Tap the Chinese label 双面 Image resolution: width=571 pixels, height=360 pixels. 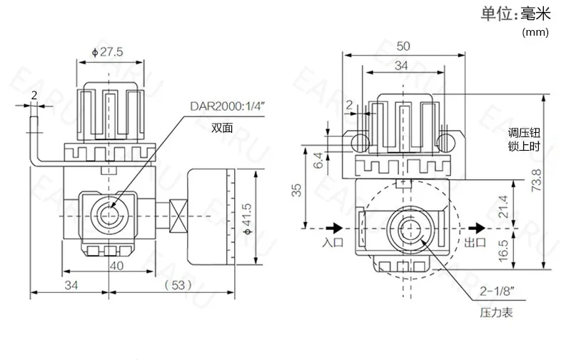click(x=221, y=129)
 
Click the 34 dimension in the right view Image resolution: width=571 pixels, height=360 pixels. click(x=403, y=66)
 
